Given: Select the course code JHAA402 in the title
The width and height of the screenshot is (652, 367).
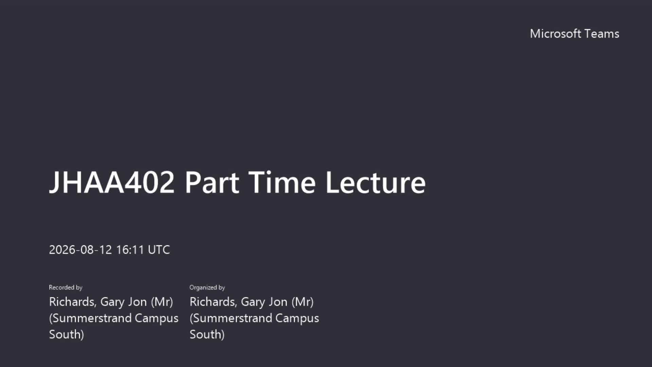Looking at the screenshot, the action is point(112,182).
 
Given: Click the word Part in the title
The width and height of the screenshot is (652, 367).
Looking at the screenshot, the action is point(212,182).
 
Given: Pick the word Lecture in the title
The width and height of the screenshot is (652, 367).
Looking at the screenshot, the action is point(376,182).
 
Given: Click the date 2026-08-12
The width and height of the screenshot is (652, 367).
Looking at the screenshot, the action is point(80,250).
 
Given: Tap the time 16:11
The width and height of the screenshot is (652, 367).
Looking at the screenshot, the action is point(130,250).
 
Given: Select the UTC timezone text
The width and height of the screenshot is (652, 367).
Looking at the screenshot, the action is point(159,250).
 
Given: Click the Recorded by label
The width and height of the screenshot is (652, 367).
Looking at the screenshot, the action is point(66,287).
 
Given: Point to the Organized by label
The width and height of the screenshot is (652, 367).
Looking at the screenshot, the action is point(207,287).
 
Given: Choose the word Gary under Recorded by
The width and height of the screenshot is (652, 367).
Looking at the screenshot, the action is point(112,302).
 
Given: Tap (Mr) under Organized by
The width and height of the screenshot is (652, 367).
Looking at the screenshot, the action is point(303,302).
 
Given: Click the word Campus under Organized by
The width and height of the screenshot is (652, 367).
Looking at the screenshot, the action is point(297,318).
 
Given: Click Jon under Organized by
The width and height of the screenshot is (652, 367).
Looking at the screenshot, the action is point(278,302).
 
